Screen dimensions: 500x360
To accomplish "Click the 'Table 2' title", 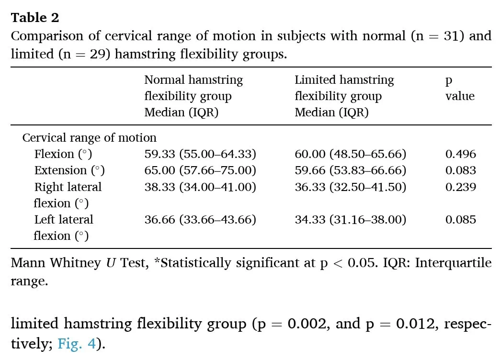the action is pos(35,18).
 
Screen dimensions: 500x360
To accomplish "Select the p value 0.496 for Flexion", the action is pos(460,154).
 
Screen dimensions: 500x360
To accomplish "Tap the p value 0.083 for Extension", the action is pos(460,170).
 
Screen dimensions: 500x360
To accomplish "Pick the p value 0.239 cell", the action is pos(460,187).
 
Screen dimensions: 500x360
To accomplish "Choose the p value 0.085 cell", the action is pos(460,219).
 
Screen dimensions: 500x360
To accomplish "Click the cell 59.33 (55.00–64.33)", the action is pos(200,154).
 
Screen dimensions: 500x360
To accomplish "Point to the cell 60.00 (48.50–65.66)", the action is pos(351,154).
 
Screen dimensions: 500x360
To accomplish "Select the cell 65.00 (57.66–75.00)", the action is pos(200,170).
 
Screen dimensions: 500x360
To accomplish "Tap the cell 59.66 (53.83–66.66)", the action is pos(351,170).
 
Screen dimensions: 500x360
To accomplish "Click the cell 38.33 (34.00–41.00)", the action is pos(200,187).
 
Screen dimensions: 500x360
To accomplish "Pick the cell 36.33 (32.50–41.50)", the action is pos(351,187).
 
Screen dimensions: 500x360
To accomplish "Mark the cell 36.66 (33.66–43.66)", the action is pos(200,219).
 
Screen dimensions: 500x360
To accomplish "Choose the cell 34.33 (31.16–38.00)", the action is pos(351,219).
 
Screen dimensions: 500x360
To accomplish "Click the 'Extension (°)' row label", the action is pos(69,170).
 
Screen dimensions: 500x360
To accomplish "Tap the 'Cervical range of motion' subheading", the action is pos(89,138).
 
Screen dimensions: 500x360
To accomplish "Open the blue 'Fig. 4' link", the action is pos(77,344).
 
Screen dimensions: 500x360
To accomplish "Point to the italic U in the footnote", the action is pos(111,263).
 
